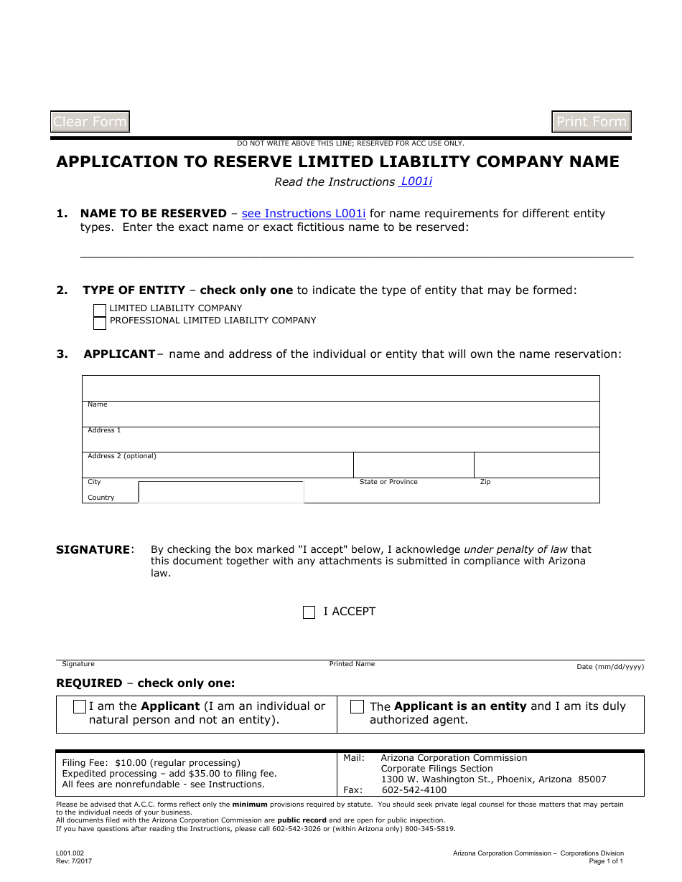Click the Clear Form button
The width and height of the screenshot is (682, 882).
(90, 122)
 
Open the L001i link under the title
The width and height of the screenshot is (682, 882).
(416, 181)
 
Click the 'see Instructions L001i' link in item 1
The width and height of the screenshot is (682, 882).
(304, 214)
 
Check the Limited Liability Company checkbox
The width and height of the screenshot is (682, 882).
(100, 310)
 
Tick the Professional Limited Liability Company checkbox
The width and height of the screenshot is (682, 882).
(100, 322)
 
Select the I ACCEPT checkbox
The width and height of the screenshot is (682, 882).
(309, 612)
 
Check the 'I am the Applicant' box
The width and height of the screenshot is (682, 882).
(80, 707)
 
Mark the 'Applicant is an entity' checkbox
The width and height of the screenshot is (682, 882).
(357, 707)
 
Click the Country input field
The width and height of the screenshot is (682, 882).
(221, 493)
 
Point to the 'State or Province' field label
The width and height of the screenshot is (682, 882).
(388, 482)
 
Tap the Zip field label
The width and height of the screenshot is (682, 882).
(485, 482)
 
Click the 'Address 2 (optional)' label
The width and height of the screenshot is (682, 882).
(121, 456)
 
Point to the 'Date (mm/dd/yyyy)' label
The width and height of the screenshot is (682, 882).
(610, 667)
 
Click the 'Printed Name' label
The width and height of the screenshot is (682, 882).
(352, 664)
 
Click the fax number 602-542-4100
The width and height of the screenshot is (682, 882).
(414, 790)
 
